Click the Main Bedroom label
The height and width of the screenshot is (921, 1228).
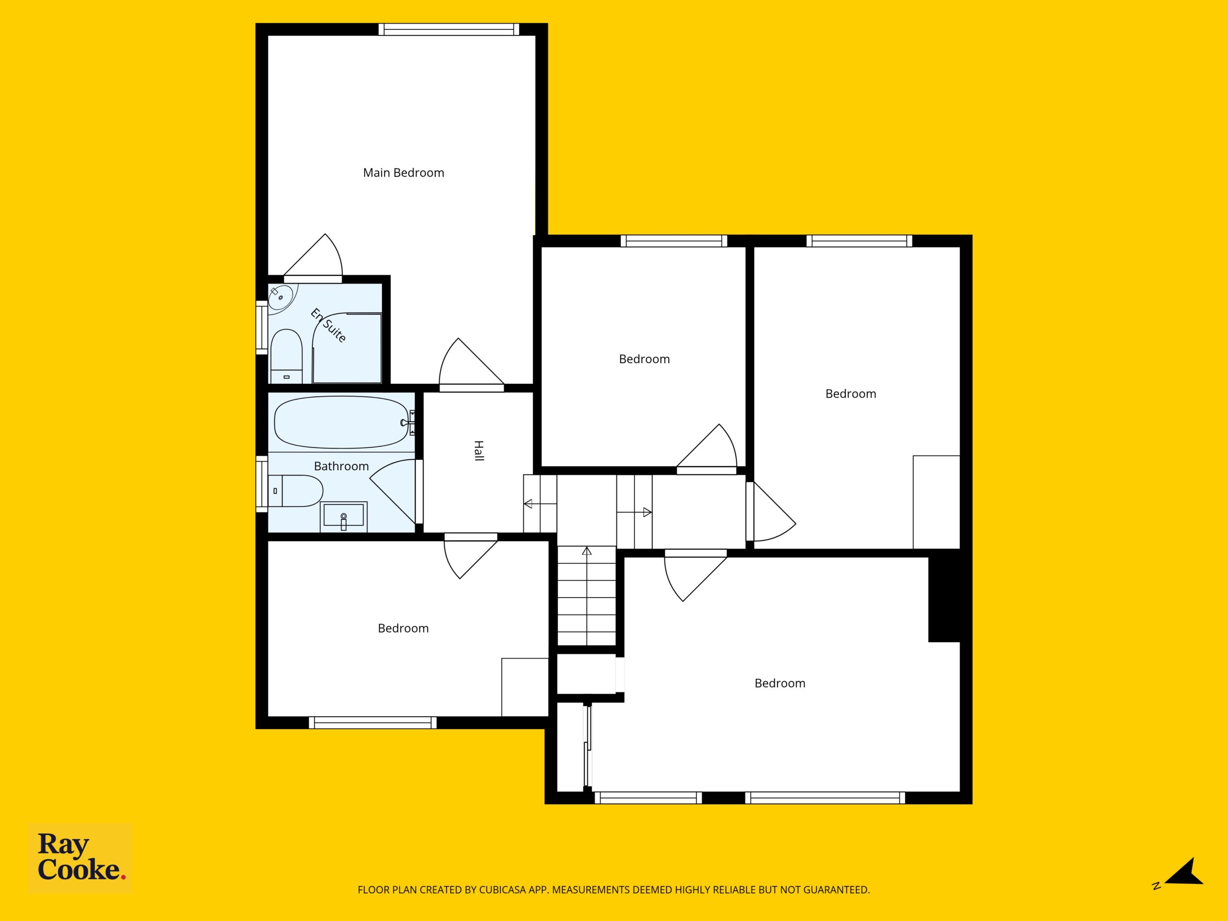[403, 173]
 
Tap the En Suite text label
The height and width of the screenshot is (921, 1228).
[329, 325]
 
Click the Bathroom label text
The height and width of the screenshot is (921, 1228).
[342, 466]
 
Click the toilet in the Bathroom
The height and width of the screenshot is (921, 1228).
[295, 491]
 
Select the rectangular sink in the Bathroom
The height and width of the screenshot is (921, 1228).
[343, 516]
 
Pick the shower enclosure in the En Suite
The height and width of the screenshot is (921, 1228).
[347, 348]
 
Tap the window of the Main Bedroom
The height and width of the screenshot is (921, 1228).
[449, 29]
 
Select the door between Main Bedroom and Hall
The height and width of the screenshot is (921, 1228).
[472, 364]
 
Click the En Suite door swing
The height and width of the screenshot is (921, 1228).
[313, 257]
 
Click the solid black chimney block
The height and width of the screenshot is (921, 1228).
[945, 600]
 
